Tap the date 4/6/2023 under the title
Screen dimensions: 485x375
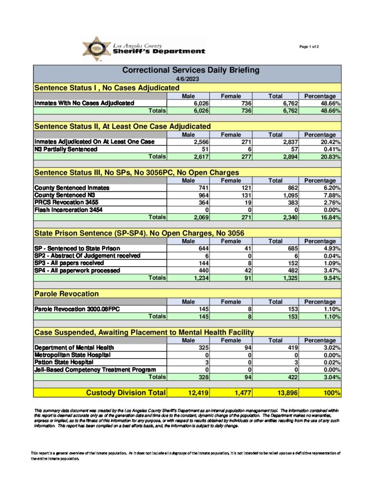[186, 79]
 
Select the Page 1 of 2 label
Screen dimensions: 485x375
[309, 46]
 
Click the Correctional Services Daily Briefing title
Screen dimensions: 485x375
[191, 70]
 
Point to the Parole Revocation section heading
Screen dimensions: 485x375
[66, 294]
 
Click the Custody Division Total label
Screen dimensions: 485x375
[126, 393]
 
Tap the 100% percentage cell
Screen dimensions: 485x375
[331, 393]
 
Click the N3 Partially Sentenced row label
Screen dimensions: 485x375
[66, 149]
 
